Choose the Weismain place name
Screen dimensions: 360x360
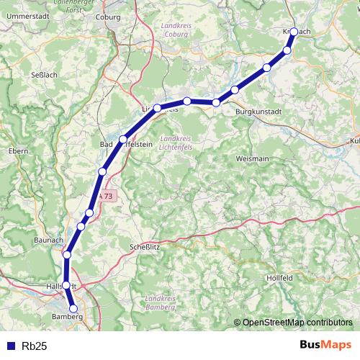[252, 158]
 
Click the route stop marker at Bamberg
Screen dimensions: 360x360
[73, 309]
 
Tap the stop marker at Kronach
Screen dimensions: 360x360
[294, 32]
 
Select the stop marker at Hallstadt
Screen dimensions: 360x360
[66, 285]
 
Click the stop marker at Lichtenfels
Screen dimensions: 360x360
[157, 108]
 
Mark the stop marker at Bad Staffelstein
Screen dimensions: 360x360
[123, 139]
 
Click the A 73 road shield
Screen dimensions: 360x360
[106, 196]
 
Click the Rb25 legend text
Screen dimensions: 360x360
[35, 346]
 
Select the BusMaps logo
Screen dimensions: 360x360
[325, 345]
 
